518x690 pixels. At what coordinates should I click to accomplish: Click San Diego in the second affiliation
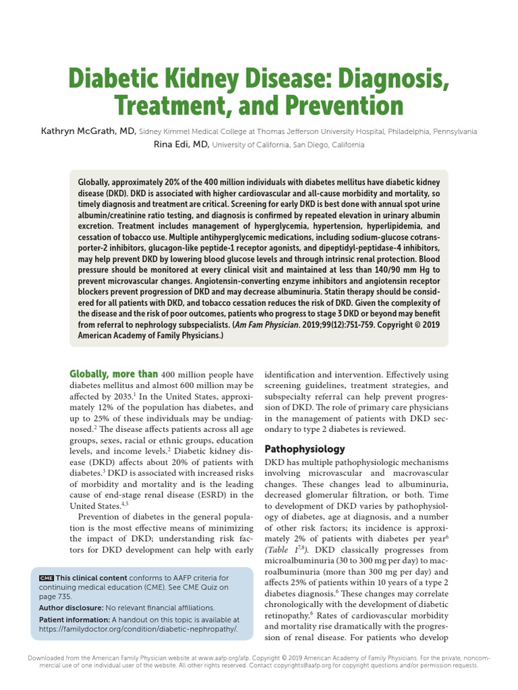(x=295, y=145)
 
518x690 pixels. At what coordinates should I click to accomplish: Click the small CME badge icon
(x=46, y=578)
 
